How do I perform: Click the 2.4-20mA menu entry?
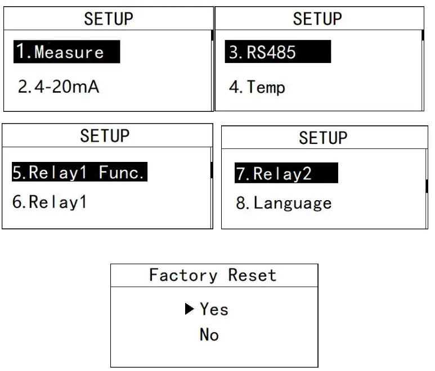59,88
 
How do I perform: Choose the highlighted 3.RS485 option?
277,53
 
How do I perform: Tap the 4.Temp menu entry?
257,88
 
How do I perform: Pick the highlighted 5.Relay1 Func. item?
79,173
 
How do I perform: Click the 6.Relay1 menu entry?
50,202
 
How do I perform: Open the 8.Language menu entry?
284,203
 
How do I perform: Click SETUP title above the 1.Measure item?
109,19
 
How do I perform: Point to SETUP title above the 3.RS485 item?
317,19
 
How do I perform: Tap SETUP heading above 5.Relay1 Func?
105,136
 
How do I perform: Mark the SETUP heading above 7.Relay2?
323,138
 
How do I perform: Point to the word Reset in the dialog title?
252,275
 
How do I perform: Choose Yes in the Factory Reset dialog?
214,309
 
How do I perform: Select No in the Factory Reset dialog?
209,335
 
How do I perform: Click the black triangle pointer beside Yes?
190,309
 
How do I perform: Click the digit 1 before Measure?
21,53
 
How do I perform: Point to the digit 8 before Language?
241,203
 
